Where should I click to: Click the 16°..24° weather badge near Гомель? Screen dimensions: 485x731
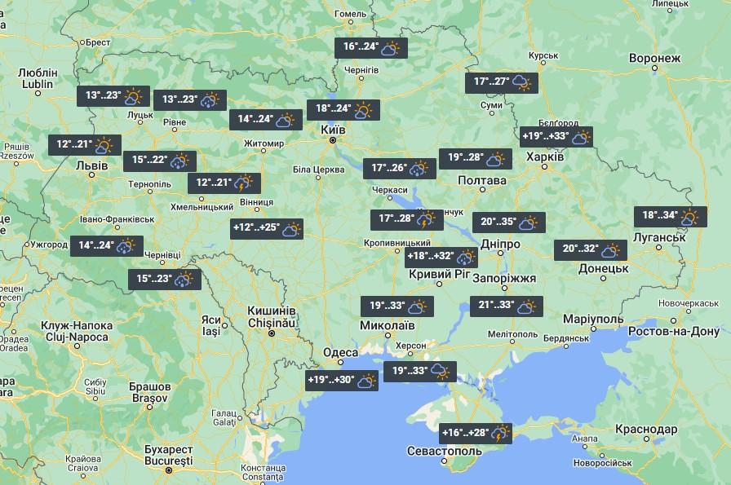pos(371,48)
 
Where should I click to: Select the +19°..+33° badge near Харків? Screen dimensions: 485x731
pos(556,137)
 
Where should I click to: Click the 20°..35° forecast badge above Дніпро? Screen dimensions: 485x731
pos(508,222)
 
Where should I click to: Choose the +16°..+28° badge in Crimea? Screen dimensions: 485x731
pos(476,433)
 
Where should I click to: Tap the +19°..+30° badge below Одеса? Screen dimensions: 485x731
pos(342,381)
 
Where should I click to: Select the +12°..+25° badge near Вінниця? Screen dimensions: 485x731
pos(268,229)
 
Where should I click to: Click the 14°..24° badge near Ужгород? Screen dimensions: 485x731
pos(107,245)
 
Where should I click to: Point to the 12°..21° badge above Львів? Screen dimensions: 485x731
pos(84,146)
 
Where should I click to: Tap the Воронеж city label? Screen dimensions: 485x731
pos(654,59)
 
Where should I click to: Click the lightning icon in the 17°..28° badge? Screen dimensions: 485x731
pos(425,219)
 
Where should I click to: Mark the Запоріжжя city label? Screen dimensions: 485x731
pos(504,278)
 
